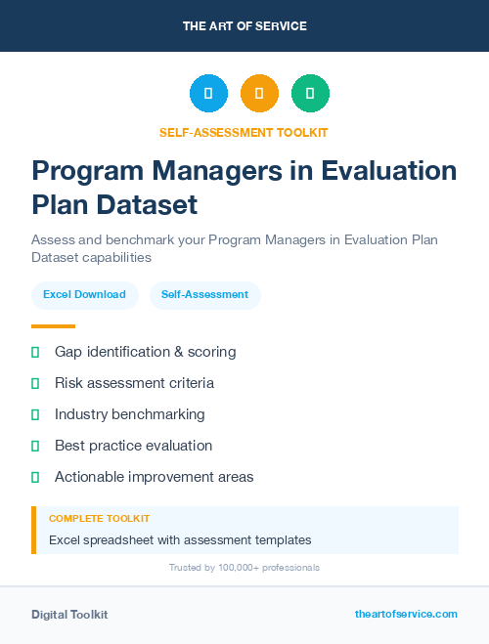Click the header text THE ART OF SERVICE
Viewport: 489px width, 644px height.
[244, 26]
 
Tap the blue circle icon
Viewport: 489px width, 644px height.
[208, 94]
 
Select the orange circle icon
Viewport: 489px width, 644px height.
[259, 94]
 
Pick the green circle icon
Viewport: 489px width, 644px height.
[310, 94]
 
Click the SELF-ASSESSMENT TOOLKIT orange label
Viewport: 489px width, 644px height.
[244, 132]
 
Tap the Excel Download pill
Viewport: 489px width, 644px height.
[84, 294]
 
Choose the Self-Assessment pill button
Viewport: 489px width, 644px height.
[204, 294]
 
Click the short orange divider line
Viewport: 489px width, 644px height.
[53, 326]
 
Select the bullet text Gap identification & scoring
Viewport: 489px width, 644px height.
[145, 352]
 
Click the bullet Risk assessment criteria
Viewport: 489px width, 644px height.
[134, 383]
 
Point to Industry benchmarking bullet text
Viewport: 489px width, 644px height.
[130, 414]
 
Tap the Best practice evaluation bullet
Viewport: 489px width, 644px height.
[133, 446]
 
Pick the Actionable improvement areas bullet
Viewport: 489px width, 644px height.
[154, 477]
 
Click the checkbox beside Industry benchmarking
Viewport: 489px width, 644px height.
[35, 414]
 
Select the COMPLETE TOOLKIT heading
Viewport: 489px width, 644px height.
[99, 518]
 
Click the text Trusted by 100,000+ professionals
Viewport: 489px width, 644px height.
[244, 568]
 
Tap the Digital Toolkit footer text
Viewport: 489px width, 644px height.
[69, 615]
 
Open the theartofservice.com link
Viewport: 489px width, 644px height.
[406, 614]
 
